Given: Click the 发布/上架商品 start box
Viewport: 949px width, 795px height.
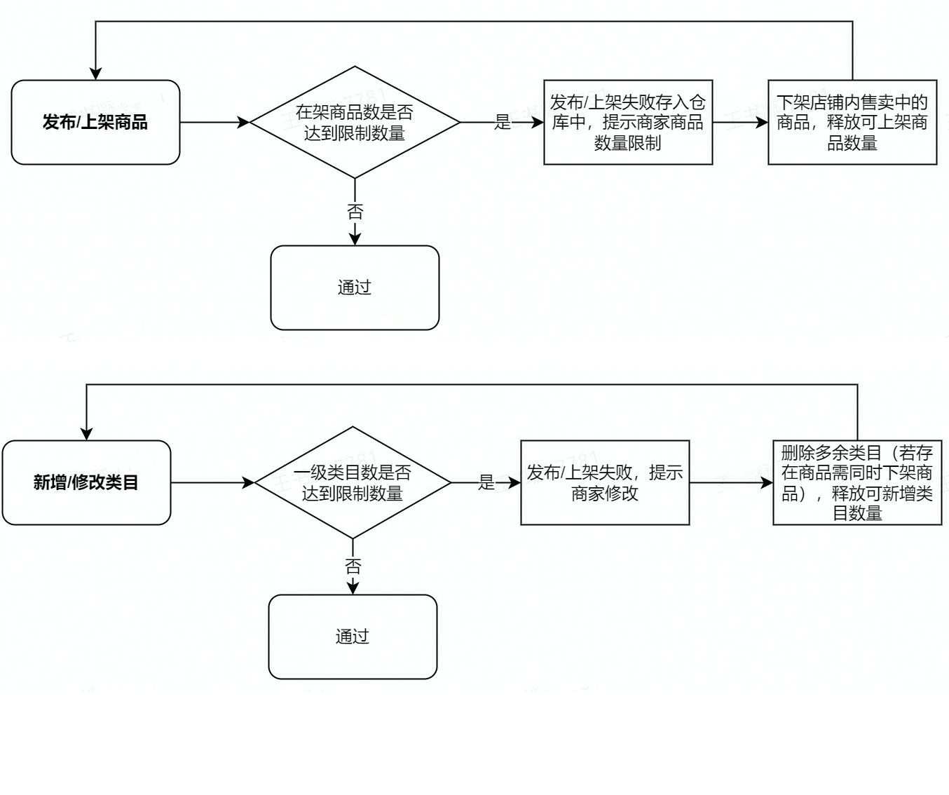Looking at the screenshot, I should [95, 122].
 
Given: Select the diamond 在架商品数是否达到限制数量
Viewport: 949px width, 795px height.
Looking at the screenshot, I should [355, 122].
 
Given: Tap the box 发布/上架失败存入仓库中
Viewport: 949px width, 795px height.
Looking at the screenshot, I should [628, 122].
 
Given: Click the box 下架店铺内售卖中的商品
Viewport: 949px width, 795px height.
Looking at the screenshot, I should [852, 122].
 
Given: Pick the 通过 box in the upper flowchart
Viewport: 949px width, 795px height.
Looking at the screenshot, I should [355, 287].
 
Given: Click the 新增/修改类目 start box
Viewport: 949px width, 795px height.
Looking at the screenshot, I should [86, 482].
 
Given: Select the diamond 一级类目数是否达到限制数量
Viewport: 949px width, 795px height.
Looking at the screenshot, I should [353, 482].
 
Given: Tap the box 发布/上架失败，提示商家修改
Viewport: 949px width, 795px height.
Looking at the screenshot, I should [605, 482].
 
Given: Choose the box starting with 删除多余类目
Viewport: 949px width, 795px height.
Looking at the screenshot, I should [857, 482].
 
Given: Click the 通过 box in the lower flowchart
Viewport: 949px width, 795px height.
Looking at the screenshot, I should [353, 637].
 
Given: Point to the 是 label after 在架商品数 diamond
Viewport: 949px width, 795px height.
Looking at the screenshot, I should [503, 123].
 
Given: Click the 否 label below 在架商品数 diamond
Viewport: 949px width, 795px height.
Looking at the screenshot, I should [355, 211].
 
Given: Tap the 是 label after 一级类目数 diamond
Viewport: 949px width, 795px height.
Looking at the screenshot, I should [486, 482].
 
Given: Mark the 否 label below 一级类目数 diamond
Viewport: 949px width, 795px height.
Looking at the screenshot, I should [353, 566].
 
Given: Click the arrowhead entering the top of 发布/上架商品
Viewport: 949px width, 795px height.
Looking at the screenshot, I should [96, 74].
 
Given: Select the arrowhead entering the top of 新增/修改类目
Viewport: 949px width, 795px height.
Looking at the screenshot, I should [86, 433].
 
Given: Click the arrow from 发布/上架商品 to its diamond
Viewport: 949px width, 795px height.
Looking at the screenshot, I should [214, 123].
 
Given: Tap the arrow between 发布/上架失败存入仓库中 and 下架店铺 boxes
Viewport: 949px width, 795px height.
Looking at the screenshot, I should [740, 123].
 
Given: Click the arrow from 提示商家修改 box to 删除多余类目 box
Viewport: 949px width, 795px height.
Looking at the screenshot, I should [731, 482].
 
